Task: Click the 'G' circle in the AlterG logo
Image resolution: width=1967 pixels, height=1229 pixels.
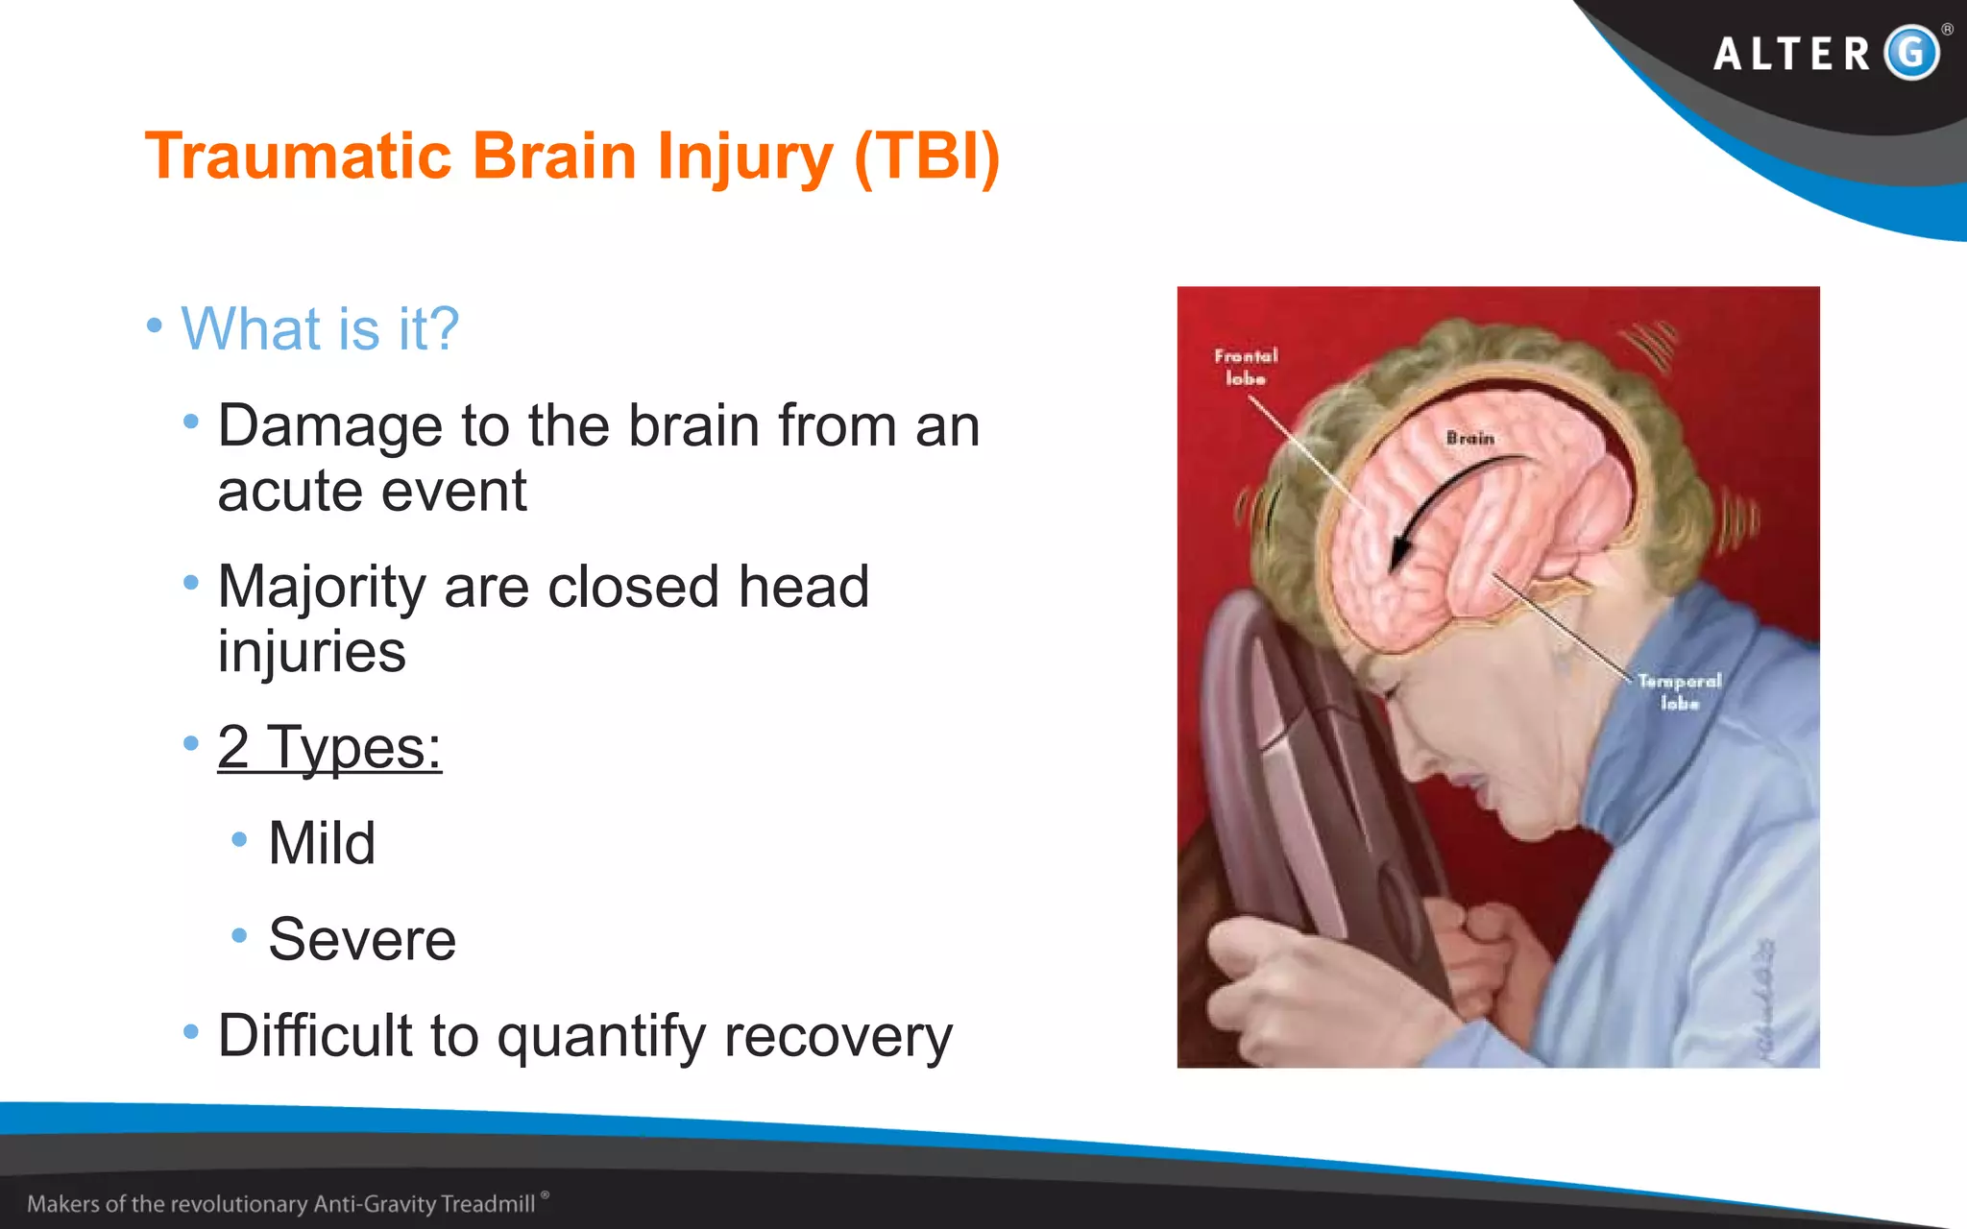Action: tap(1911, 52)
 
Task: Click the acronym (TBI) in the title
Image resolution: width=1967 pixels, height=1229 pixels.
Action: tap(927, 156)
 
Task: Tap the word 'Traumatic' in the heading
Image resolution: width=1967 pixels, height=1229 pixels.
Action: tap(298, 156)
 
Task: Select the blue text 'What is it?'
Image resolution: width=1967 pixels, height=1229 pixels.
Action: tap(320, 328)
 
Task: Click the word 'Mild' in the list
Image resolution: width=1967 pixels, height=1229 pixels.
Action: tap(322, 843)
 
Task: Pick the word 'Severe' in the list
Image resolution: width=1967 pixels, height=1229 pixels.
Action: tap(362, 939)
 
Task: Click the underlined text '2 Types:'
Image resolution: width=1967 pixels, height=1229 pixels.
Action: tap(329, 747)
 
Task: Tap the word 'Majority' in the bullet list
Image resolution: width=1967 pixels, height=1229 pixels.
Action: tap(322, 588)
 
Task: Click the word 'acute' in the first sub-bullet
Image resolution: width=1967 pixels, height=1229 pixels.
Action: tap(288, 492)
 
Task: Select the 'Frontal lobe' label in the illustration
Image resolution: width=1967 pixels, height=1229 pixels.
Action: tap(1246, 367)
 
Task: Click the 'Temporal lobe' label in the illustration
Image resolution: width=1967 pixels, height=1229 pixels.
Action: tap(1680, 691)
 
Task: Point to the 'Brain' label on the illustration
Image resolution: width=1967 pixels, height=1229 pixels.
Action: tap(1470, 438)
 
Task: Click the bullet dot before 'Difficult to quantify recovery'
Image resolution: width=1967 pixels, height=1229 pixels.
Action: tap(191, 1032)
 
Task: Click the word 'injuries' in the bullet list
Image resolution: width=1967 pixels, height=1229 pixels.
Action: tap(312, 653)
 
